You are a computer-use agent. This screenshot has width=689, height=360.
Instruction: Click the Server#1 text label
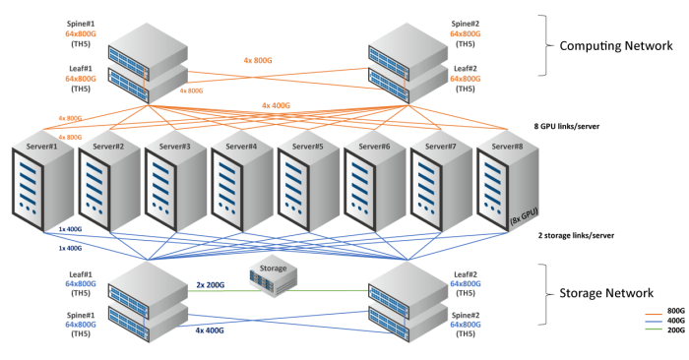(41, 146)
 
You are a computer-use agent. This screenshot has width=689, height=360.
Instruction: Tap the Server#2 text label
(108, 146)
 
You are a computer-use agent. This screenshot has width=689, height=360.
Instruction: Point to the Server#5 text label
(307, 146)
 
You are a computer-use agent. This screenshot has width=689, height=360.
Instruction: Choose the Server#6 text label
(374, 146)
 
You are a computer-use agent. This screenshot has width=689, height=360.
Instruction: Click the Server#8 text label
(507, 146)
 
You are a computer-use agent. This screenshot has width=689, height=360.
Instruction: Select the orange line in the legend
(654, 315)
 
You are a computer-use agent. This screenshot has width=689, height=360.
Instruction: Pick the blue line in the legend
(654, 322)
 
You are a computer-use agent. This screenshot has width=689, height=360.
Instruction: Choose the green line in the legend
(654, 329)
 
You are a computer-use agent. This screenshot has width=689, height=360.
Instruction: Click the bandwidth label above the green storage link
(210, 283)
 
